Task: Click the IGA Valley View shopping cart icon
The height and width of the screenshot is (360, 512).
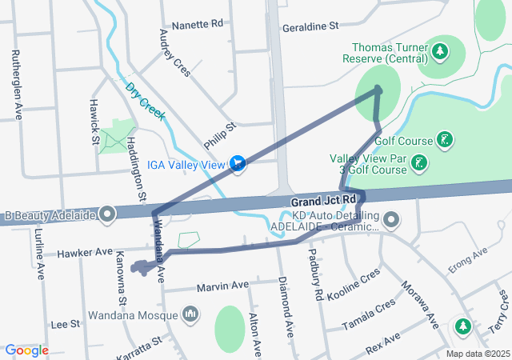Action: click(237, 165)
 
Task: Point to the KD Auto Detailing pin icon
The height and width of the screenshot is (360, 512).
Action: click(392, 218)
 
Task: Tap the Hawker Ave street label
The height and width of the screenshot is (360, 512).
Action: click(84, 252)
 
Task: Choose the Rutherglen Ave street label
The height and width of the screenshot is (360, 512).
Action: click(16, 85)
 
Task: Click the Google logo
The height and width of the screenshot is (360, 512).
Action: click(27, 350)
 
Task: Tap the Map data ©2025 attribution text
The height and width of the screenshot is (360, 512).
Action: click(477, 354)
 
